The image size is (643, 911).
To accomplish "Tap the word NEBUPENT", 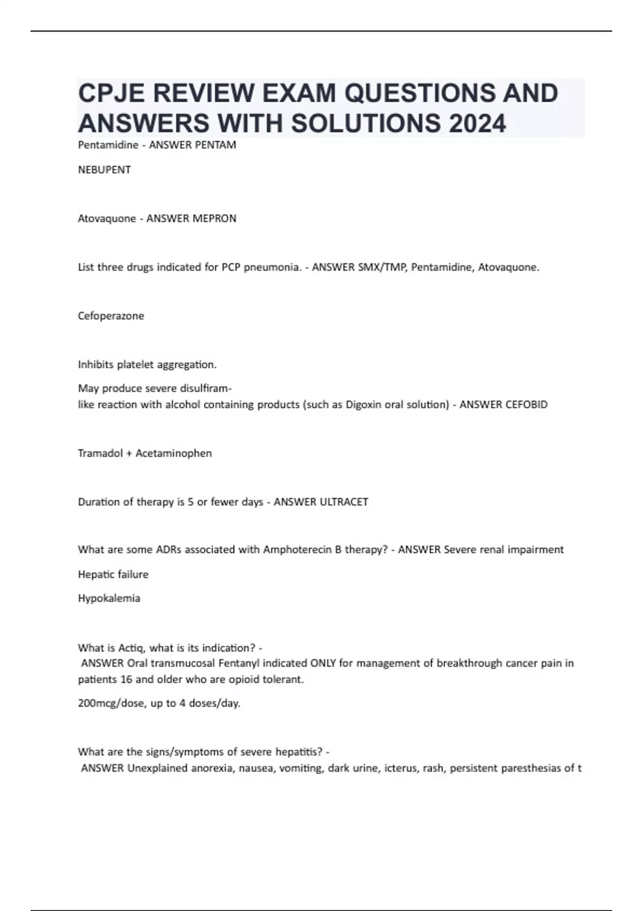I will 104,170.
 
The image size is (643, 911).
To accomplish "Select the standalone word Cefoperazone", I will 111,316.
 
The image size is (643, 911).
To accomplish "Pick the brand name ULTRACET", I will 343,502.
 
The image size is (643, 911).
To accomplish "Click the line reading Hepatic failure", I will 113,574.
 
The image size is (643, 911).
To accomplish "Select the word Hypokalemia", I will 109,599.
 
